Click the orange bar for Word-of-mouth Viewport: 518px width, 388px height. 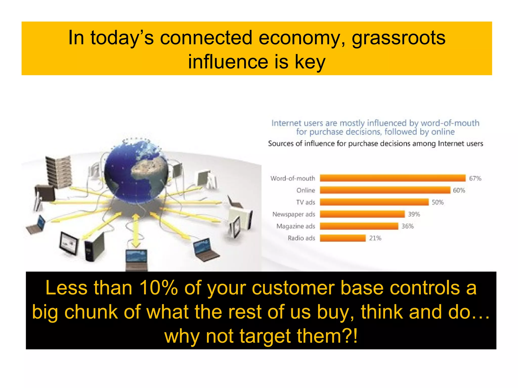393,178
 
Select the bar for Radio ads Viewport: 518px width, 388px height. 342,238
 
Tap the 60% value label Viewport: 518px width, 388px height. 459,190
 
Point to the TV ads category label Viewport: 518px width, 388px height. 306,202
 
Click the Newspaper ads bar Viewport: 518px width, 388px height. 362,214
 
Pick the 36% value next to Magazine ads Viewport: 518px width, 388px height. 407,226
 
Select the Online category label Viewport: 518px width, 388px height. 306,190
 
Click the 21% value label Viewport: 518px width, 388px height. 375,238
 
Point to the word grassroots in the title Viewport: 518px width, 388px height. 398,38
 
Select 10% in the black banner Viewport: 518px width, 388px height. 159,288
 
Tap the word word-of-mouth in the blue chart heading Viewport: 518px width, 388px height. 450,123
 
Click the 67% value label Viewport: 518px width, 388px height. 475,179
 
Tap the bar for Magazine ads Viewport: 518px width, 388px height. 359,226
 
